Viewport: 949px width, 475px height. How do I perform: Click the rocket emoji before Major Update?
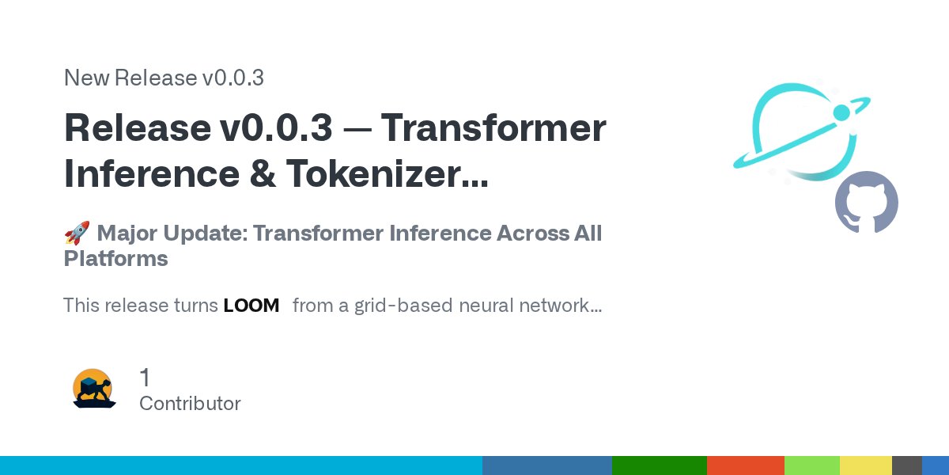[76, 234]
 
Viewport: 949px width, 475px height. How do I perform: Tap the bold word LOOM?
[251, 306]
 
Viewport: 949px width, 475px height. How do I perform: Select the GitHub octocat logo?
[867, 203]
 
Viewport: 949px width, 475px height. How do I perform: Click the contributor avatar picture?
[94, 389]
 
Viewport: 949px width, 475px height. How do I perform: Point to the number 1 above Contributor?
[144, 378]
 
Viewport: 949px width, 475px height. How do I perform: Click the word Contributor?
[190, 404]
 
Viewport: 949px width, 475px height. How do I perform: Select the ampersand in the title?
[235, 174]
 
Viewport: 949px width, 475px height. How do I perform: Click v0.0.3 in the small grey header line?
[233, 78]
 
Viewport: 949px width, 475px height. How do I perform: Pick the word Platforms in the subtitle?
[115, 259]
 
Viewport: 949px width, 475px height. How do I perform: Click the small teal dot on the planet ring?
[841, 112]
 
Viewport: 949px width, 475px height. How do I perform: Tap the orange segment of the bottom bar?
[745, 465]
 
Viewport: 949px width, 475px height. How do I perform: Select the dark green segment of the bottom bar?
[659, 465]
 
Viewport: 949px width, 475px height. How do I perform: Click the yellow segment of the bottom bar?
[865, 465]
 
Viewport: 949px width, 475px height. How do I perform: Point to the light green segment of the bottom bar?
[811, 465]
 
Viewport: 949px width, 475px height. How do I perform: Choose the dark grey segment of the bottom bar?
[906, 465]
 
